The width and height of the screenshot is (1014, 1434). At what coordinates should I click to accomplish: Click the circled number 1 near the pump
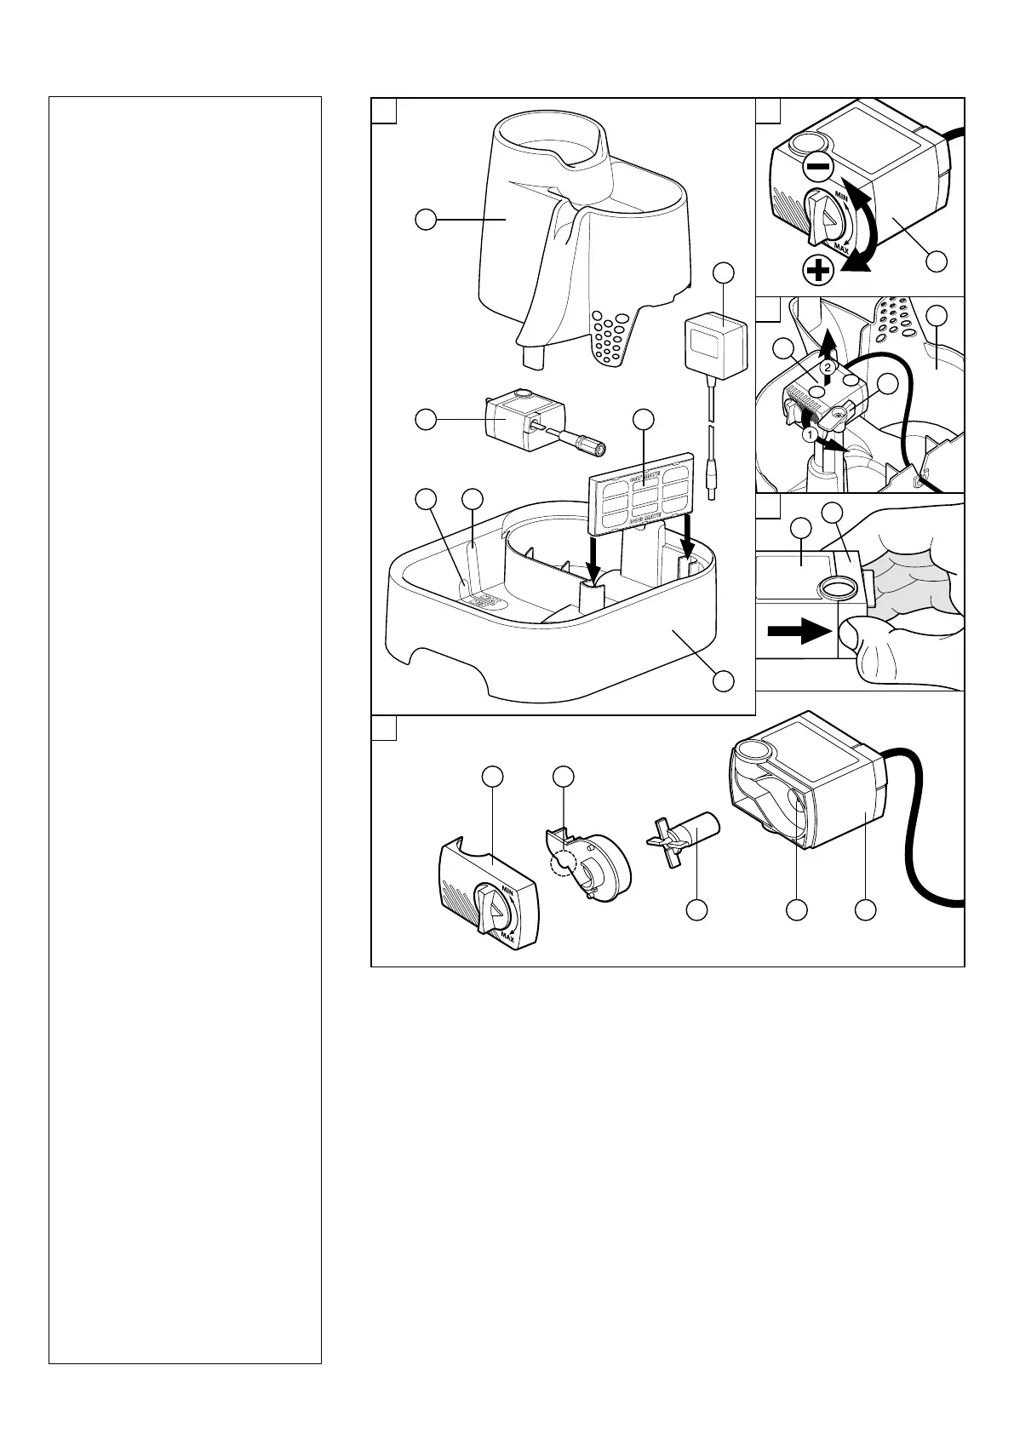tap(811, 434)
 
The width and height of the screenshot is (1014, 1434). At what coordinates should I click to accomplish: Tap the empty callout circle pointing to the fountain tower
tap(425, 221)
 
